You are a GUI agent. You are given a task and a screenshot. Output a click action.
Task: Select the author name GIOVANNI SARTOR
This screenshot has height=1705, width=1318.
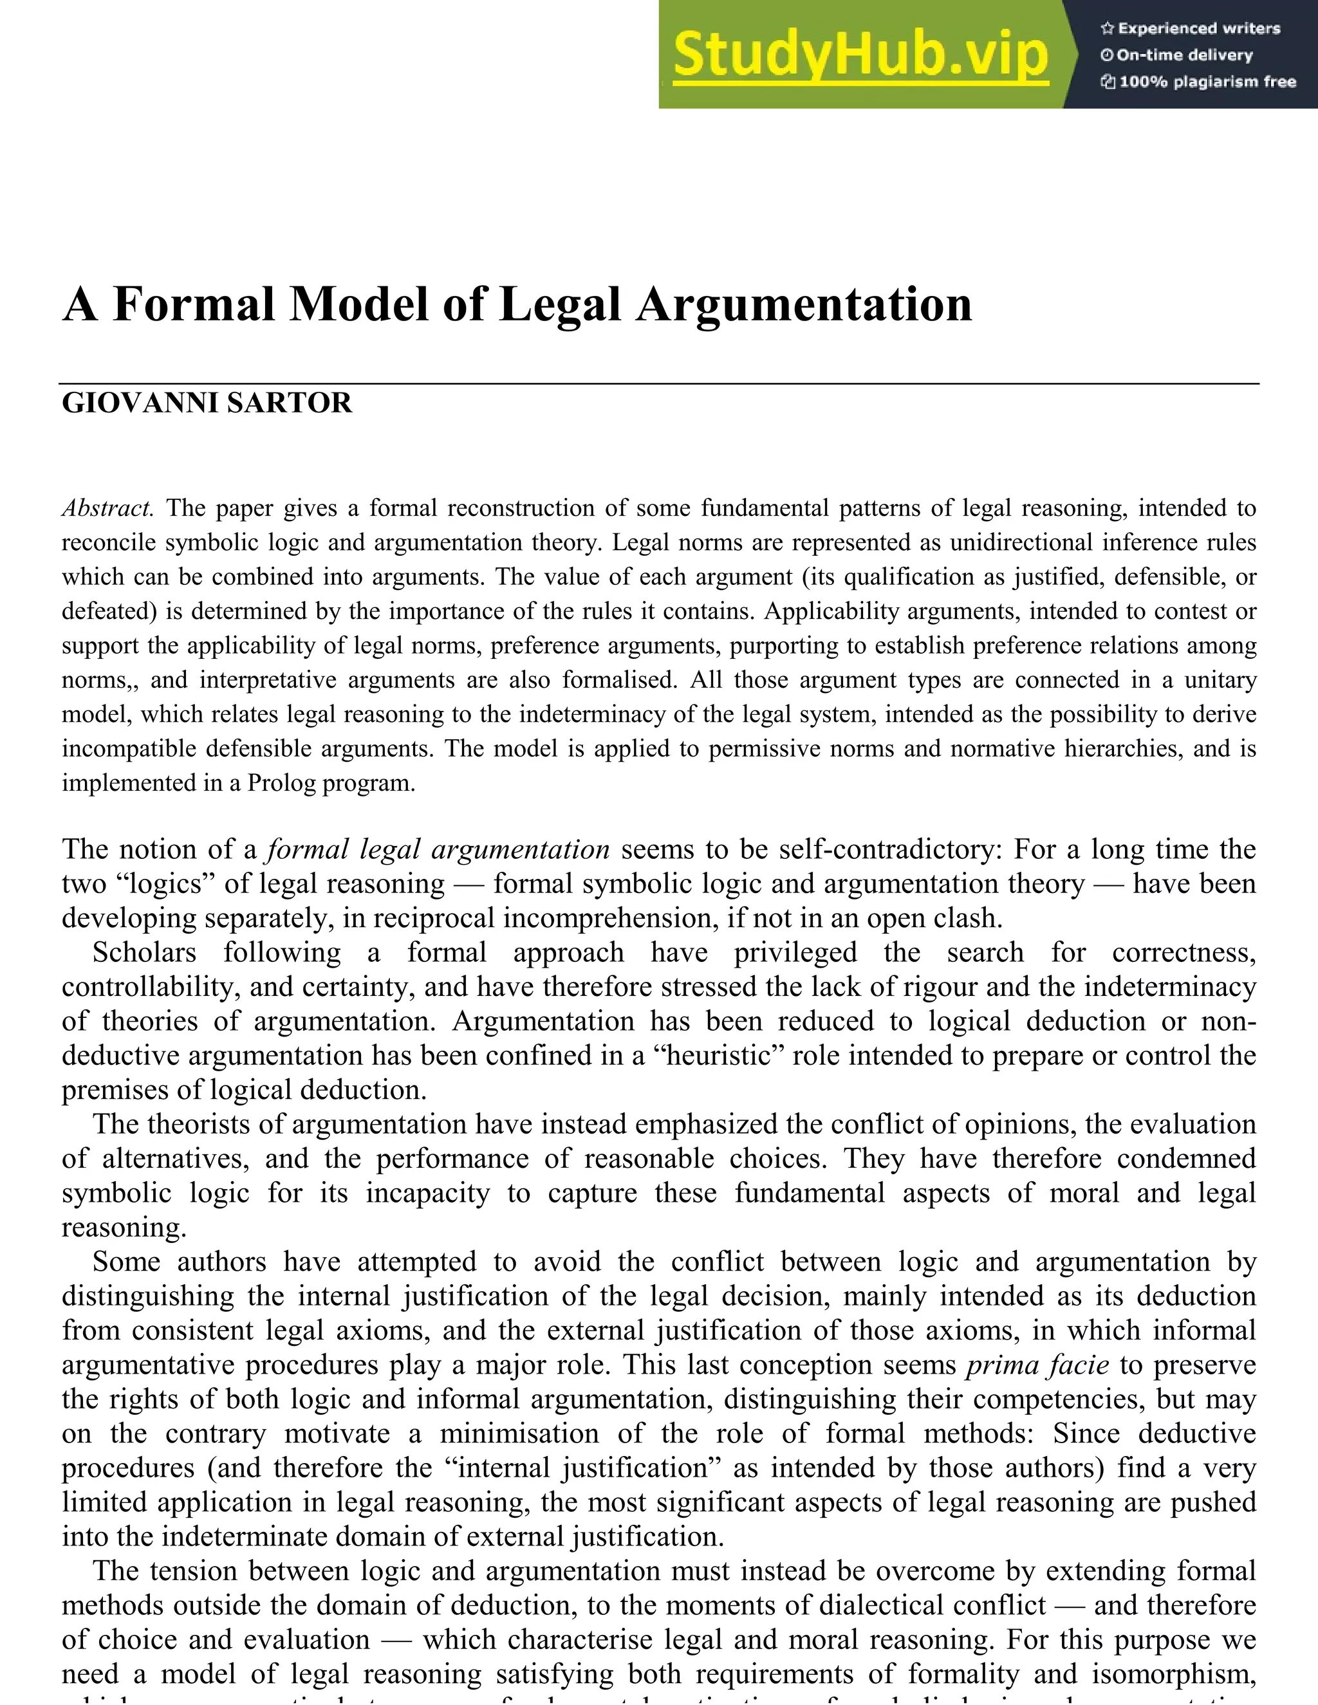point(207,403)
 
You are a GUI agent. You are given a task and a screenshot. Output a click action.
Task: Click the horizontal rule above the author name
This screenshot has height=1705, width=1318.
point(659,384)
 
